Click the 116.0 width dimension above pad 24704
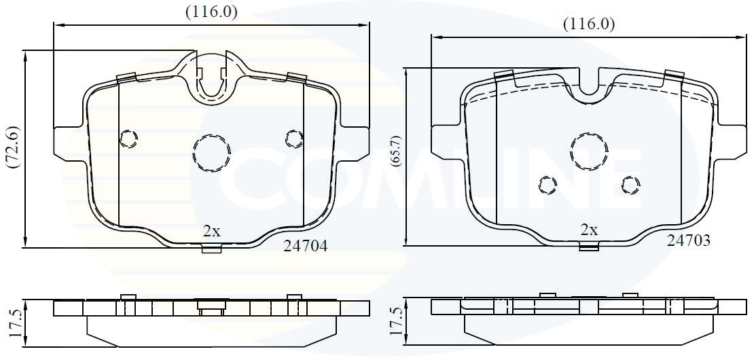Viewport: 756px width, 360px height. pos(212,12)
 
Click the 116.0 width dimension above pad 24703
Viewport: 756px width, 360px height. pos(589,24)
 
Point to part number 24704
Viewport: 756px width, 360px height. pos(305,247)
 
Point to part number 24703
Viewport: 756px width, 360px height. pos(688,240)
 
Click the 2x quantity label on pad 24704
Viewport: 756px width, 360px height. pos(212,231)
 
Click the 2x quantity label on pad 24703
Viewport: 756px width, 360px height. pos(589,230)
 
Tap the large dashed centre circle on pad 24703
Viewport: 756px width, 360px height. pos(588,151)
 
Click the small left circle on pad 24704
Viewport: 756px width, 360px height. pos(128,139)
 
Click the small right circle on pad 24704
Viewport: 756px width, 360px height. pos(294,139)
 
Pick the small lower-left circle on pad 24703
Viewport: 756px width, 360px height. pos(547,184)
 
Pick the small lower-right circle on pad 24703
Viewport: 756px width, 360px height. pos(631,184)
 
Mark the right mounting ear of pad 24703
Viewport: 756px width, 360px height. pos(733,141)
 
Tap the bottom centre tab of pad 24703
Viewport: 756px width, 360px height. pos(589,247)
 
